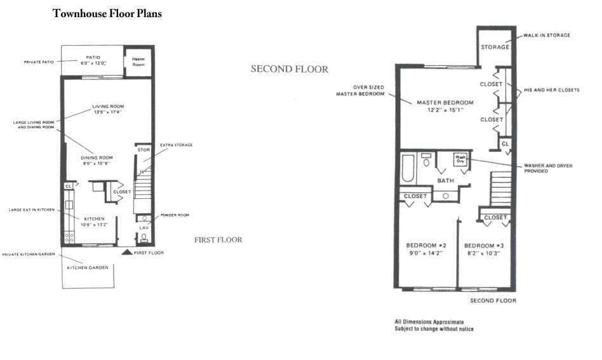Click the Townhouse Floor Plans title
(107, 13)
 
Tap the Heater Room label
(138, 62)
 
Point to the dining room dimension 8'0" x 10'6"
(96, 163)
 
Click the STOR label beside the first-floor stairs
(144, 150)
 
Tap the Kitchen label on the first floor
(94, 218)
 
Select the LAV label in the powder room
(144, 227)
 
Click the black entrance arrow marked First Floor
(127, 252)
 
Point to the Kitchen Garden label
(88, 267)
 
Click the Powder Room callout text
(175, 215)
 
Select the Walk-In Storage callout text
(547, 35)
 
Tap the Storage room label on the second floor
(495, 47)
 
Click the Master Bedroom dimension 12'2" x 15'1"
(444, 110)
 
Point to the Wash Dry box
(460, 159)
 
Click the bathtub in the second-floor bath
(408, 170)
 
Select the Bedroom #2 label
(426, 246)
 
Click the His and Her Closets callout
(551, 90)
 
